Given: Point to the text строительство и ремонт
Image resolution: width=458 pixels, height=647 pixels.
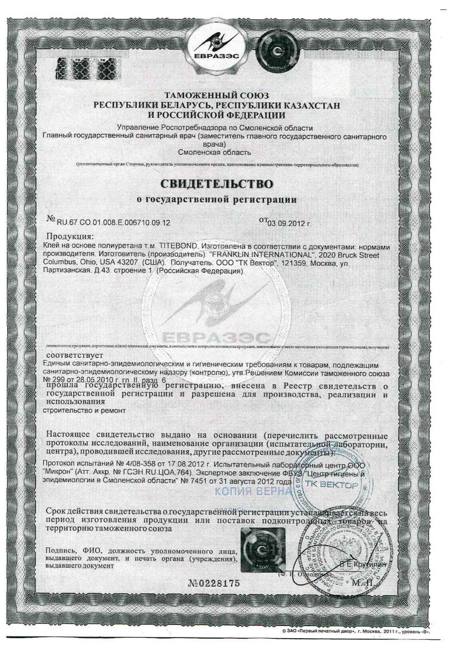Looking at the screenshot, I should coord(82,410).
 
